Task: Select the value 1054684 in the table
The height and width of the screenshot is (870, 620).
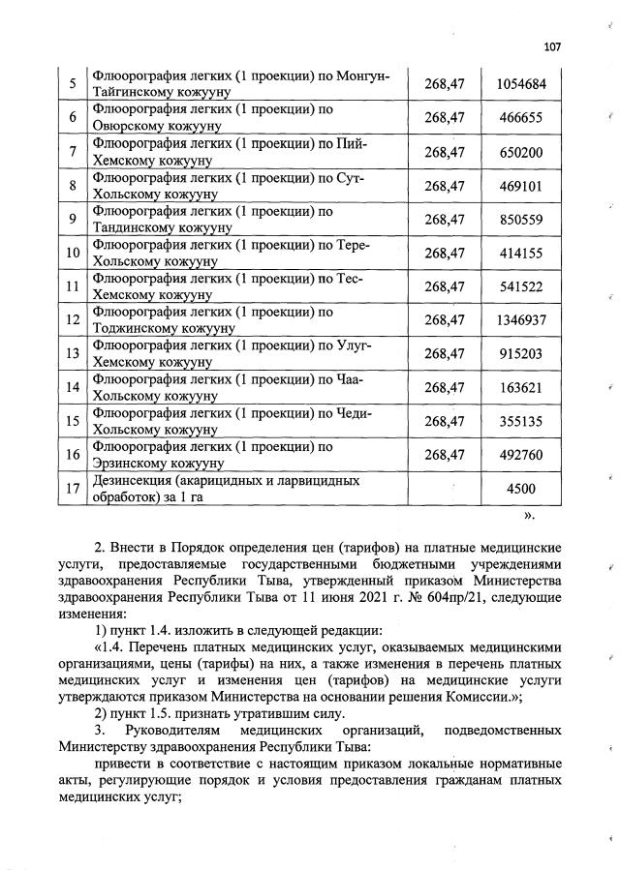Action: [x=521, y=84]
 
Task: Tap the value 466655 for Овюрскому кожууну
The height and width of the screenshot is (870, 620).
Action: [x=521, y=118]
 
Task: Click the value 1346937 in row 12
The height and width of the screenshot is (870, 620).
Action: [x=521, y=319]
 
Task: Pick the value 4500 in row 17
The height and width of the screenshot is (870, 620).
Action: [x=521, y=489]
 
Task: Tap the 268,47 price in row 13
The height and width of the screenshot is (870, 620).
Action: [x=445, y=354]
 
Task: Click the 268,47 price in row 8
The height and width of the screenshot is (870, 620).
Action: [x=445, y=186]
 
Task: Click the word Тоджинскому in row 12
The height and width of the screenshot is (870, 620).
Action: [x=136, y=329]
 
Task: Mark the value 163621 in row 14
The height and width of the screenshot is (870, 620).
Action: [x=521, y=388]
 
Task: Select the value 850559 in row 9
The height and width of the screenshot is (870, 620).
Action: [x=521, y=220]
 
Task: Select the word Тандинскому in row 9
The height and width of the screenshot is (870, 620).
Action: [x=134, y=228]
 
